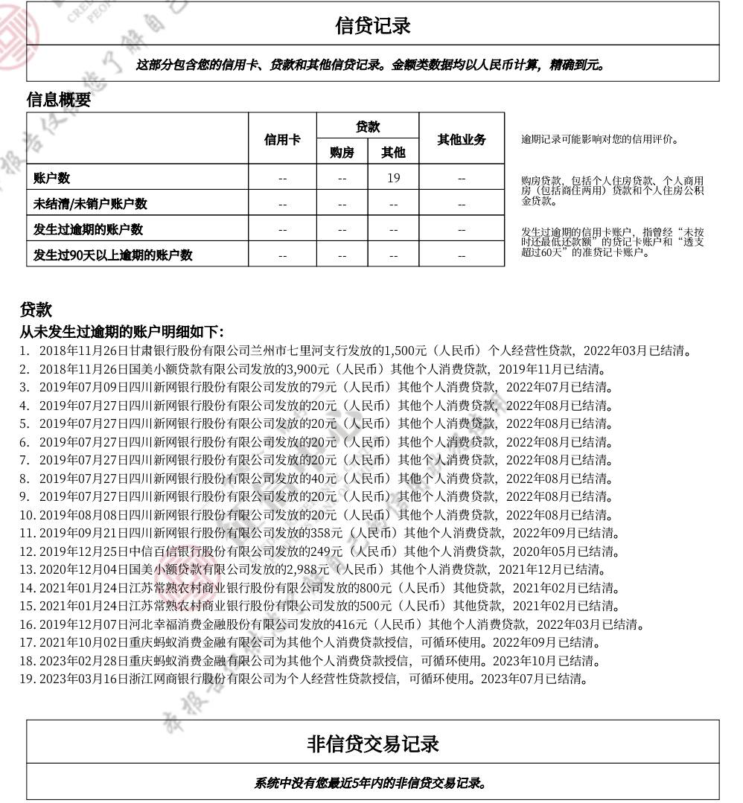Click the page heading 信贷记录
point(372,25)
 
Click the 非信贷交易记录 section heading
point(372,743)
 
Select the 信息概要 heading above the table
point(59,100)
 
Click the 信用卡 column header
point(282,139)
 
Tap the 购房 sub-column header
point(342,153)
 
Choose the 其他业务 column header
point(461,139)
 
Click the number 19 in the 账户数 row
point(393,178)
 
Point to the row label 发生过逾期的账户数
point(89,229)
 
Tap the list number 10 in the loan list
point(27,515)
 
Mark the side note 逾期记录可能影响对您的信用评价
point(599,139)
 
